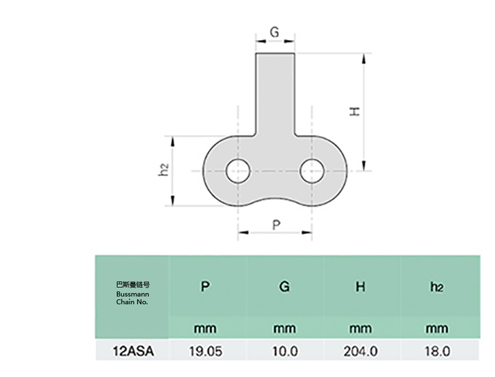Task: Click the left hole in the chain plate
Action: [238, 170]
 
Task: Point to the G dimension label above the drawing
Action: [275, 33]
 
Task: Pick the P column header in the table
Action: [205, 287]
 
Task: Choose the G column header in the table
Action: [284, 287]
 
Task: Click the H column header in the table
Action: [360, 287]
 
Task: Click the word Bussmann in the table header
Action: [132, 294]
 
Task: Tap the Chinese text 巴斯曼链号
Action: [132, 285]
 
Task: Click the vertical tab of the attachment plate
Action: [275, 93]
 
